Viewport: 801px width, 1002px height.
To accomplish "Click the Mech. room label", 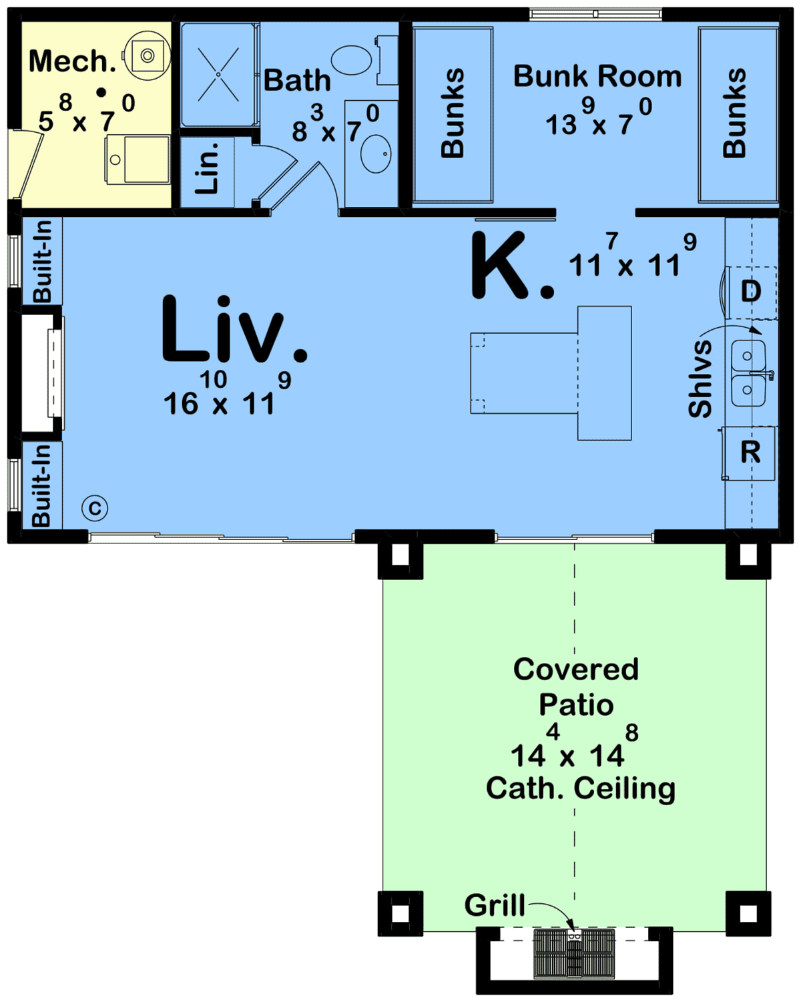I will coord(72,61).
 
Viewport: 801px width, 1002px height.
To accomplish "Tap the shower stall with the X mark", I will coord(218,75).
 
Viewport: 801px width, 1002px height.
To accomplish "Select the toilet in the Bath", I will coord(352,60).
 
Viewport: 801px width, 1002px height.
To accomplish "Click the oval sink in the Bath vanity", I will coord(376,154).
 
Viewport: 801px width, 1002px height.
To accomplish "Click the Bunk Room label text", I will coord(597,77).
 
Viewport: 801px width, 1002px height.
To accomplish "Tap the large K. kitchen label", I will coord(510,267).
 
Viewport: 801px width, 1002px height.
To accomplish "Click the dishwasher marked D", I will coord(751,291).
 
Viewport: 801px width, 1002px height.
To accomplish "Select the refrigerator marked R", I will coord(750,453).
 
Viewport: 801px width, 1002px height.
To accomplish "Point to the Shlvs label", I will coord(701,378).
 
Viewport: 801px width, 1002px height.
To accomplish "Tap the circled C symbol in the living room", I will coord(95,509).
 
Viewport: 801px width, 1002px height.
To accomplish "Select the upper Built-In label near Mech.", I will coord(41,261).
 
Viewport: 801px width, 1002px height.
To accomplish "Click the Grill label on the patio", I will coord(495,906).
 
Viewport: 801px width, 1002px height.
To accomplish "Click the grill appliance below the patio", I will coord(574,953).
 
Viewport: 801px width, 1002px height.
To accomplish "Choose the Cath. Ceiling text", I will coord(580,788).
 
